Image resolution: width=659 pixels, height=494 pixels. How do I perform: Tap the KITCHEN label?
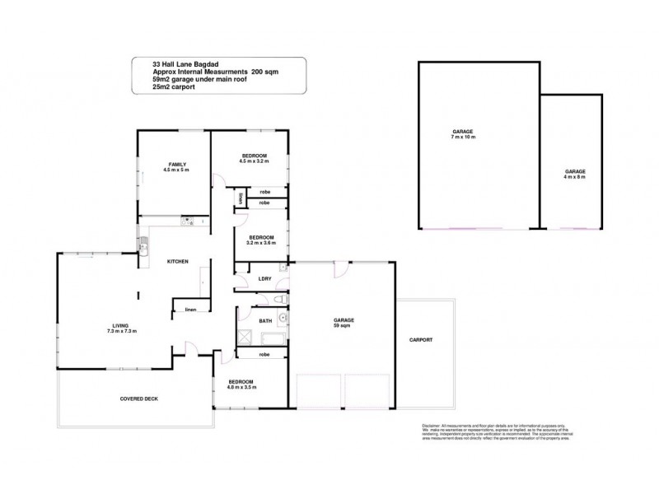(x=178, y=262)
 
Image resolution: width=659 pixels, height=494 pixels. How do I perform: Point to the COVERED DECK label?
(x=138, y=398)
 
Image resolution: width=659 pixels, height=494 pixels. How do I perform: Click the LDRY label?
(x=265, y=279)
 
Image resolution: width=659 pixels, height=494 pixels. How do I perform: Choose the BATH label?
(x=265, y=320)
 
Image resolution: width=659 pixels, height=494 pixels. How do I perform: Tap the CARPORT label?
(x=421, y=339)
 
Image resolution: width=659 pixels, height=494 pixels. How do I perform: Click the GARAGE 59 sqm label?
(x=344, y=322)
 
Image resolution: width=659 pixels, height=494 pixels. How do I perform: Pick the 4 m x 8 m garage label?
(x=575, y=174)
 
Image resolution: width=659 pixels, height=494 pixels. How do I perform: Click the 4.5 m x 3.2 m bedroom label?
(x=254, y=159)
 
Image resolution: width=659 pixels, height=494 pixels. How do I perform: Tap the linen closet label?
(x=189, y=310)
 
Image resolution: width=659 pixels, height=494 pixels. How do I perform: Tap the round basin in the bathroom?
(x=283, y=315)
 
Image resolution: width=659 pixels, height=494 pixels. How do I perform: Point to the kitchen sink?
(x=143, y=244)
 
